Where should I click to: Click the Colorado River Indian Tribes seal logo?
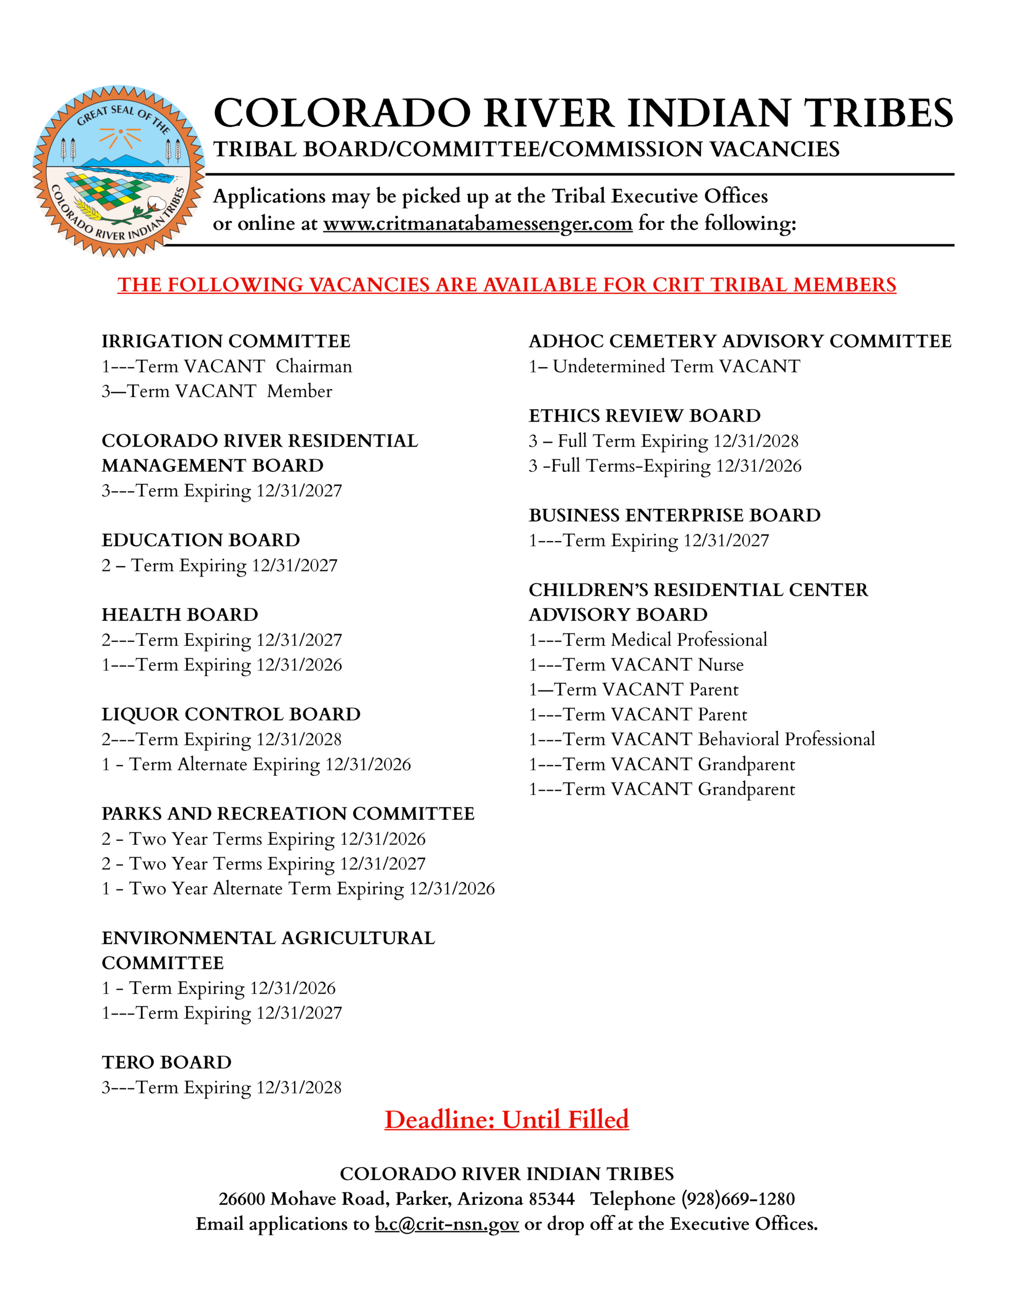pyautogui.click(x=118, y=171)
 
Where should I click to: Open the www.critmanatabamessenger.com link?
pyautogui.click(x=477, y=224)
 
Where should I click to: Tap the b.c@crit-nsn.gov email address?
pyautogui.click(x=447, y=1223)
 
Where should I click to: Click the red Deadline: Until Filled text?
pyautogui.click(x=506, y=1120)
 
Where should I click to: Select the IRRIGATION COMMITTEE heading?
pyautogui.click(x=226, y=342)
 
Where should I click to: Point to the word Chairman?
pyautogui.click(x=314, y=366)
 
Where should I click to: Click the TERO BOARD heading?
pyautogui.click(x=167, y=1062)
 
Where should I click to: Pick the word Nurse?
pyautogui.click(x=721, y=664)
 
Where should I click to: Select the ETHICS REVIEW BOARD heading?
pyautogui.click(x=644, y=416)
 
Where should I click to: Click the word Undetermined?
pyautogui.click(x=609, y=366)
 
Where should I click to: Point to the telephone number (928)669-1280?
pyautogui.click(x=738, y=1199)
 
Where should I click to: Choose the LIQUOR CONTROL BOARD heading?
pyautogui.click(x=231, y=714)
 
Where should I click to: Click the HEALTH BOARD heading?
pyautogui.click(x=180, y=615)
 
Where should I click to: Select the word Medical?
pyautogui.click(x=641, y=640)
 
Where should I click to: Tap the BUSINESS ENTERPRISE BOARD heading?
pyautogui.click(x=675, y=515)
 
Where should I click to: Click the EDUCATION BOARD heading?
pyautogui.click(x=201, y=541)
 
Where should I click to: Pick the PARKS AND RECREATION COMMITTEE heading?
pyautogui.click(x=288, y=813)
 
